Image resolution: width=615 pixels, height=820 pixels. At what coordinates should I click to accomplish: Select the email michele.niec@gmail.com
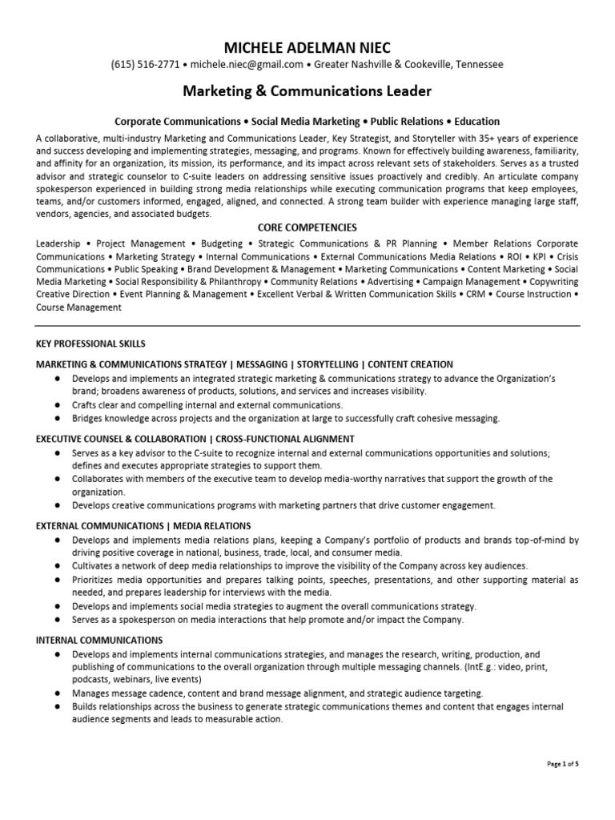pyautogui.click(x=246, y=65)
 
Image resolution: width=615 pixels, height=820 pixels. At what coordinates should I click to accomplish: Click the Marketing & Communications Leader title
pyautogui.click(x=307, y=91)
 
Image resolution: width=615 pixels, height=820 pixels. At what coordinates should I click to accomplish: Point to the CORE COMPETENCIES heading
pyautogui.click(x=307, y=227)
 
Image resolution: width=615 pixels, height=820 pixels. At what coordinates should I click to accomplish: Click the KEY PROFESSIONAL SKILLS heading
pyautogui.click(x=90, y=344)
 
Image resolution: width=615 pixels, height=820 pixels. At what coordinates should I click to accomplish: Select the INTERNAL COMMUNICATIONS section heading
pyautogui.click(x=99, y=641)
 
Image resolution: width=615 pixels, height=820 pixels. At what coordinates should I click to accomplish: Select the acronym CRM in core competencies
pyautogui.click(x=476, y=295)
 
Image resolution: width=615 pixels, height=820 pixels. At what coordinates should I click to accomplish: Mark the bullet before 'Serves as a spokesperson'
pyautogui.click(x=59, y=620)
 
